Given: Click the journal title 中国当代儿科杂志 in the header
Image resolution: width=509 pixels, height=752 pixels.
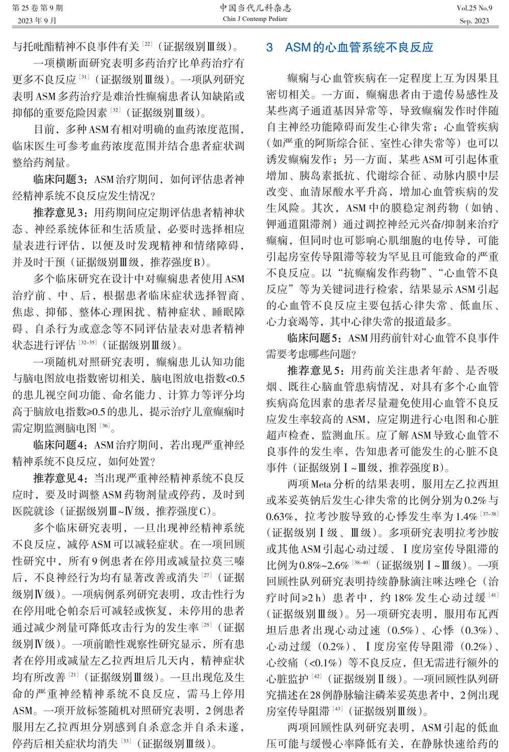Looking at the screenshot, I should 255,8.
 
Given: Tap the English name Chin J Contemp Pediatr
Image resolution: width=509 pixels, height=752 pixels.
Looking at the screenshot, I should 255,19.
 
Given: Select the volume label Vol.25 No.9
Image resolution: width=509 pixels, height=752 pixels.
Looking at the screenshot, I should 474,8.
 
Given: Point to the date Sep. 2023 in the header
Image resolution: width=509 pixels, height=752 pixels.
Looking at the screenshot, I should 474,21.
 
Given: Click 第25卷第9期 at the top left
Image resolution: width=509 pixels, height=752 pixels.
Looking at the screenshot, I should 38,8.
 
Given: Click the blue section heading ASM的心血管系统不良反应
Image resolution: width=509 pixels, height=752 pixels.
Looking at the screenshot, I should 350,48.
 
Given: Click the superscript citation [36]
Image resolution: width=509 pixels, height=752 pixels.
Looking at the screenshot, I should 105,425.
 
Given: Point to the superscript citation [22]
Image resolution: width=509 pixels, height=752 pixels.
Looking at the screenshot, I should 147,44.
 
